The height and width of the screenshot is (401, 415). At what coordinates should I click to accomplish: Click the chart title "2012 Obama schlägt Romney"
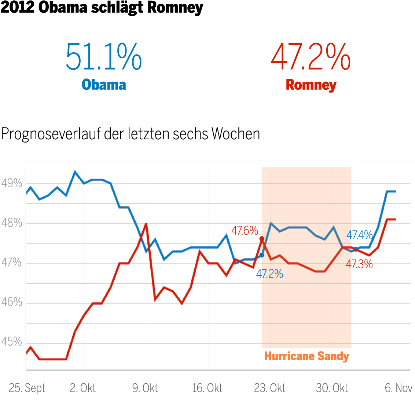pos(102,8)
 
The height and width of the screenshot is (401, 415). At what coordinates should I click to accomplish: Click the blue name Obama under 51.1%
pos(104,85)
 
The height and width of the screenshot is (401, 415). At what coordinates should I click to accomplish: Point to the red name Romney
pos(311,85)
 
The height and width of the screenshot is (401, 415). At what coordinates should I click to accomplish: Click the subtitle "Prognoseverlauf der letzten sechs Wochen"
pos(131,134)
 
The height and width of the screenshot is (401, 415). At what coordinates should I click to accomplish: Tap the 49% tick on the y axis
pos(12,183)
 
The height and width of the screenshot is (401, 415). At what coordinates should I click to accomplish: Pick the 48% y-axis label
pos(12,223)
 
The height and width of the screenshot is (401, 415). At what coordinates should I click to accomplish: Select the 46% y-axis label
pos(12,302)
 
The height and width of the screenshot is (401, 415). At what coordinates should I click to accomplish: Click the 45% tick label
pos(12,342)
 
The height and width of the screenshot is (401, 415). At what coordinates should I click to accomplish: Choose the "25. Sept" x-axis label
pos(27,388)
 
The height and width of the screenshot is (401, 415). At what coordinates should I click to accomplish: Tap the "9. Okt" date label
pos(145,388)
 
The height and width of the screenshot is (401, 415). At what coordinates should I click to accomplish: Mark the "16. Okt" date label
pos(207,388)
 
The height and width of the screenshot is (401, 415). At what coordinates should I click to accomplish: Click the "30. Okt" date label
pos(332,388)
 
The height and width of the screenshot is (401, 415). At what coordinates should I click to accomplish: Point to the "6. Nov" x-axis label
pos(399,388)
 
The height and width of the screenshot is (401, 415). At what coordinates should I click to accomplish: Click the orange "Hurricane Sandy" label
pos(306,356)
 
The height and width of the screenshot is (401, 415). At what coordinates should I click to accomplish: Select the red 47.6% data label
pos(245,231)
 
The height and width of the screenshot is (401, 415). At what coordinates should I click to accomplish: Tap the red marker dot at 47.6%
pos(262,239)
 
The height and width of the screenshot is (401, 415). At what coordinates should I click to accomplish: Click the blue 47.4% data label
pos(360,235)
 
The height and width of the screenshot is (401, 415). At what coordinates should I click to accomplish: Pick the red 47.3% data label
pos(359,264)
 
